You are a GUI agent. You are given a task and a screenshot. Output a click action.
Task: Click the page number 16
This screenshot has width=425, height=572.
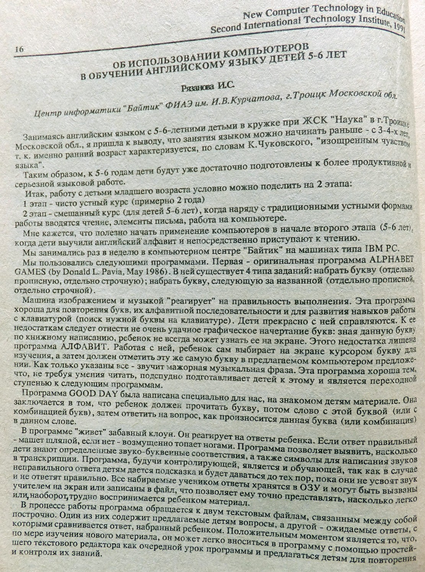(x=19, y=49)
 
